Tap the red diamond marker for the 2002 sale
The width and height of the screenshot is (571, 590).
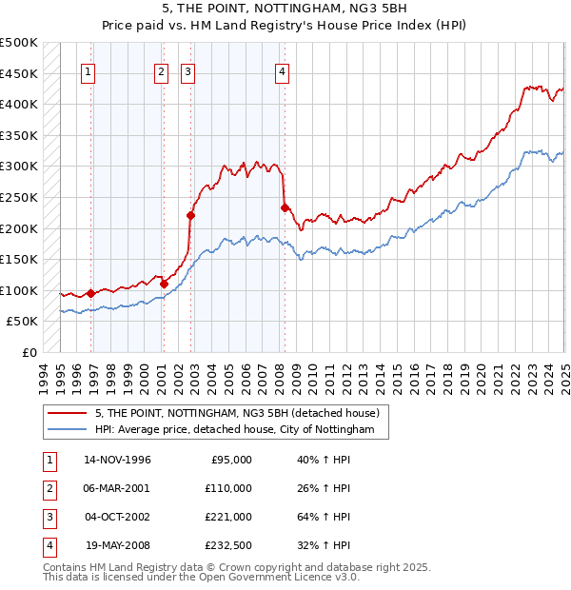190,215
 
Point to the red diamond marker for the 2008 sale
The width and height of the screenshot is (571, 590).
285,207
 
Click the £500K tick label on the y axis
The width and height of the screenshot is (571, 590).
19,43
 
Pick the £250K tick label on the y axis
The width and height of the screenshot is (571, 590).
19,197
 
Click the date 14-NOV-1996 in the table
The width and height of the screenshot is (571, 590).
118,460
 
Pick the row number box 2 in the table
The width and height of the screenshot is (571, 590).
47,488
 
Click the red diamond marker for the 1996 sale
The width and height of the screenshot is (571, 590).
91,293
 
